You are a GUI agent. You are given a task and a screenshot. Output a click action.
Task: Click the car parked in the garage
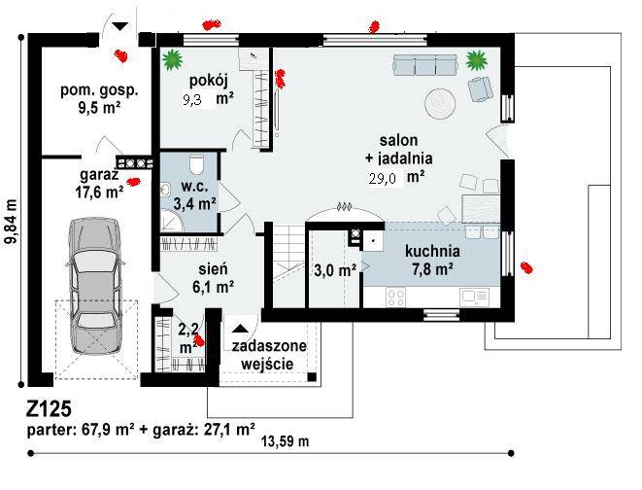(x=96, y=287)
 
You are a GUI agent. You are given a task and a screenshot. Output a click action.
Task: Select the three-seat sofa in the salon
(x=425, y=65)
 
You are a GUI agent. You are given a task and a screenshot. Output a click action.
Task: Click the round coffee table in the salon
(x=439, y=104)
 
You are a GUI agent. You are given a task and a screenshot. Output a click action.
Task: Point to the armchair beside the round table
(x=480, y=88)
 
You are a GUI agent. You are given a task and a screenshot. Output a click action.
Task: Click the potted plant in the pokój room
(x=172, y=59)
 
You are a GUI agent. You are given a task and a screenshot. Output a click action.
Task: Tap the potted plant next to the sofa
(x=477, y=60)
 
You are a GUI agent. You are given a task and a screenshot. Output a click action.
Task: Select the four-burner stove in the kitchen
(x=396, y=297)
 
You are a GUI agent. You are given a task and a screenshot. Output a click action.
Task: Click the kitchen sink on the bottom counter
(x=474, y=297)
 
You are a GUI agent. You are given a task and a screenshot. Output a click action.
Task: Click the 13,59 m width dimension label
(x=286, y=441)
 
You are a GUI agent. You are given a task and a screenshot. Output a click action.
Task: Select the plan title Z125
(x=50, y=409)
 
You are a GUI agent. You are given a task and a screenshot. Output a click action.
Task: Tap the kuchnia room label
(x=432, y=251)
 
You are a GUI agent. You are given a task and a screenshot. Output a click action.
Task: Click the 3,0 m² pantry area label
(x=335, y=270)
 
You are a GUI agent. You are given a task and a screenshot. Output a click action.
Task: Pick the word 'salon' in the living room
(x=398, y=140)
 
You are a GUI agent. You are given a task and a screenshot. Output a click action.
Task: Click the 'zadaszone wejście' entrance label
(x=269, y=355)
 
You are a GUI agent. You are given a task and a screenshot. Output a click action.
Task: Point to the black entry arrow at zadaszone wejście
(x=240, y=328)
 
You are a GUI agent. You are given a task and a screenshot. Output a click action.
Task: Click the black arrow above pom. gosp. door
(x=120, y=26)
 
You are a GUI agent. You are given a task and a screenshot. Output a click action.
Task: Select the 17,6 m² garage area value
(x=99, y=192)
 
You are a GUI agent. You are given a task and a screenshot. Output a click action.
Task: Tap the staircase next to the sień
(x=288, y=265)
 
